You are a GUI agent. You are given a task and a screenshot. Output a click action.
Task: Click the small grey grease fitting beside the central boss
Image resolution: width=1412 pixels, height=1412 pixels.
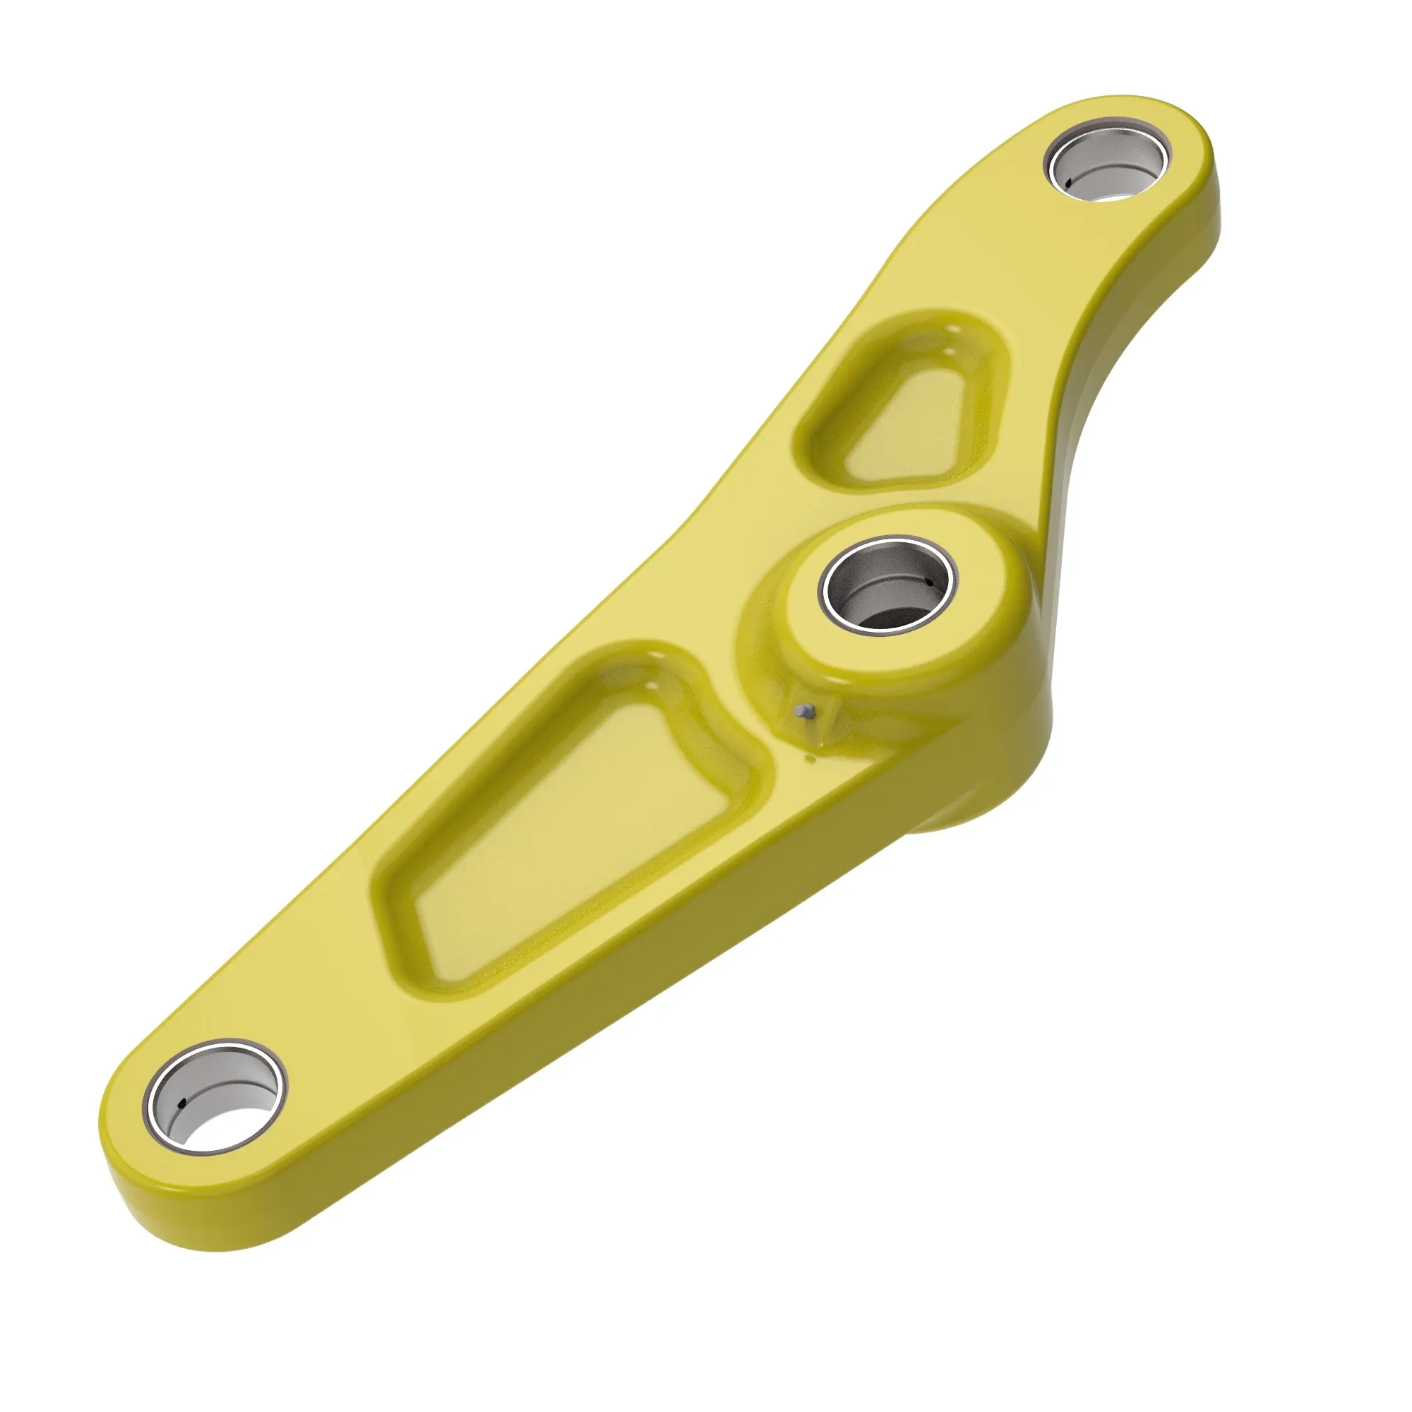click(x=806, y=710)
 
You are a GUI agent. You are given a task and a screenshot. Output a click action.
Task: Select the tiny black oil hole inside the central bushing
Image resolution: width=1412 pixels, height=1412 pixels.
click(x=929, y=582)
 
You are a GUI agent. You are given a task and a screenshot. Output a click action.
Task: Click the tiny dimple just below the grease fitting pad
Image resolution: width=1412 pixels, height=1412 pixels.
click(x=810, y=760)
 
